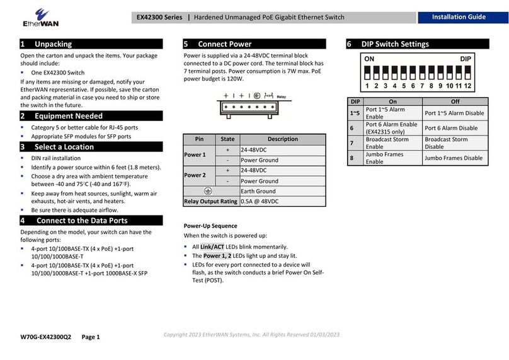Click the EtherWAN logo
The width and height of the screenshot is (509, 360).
point(25,17)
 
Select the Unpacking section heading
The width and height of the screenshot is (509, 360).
point(47,44)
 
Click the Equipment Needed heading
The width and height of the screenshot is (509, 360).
point(60,116)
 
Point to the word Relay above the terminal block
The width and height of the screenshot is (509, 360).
point(281,98)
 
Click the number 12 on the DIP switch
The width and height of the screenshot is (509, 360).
point(468,85)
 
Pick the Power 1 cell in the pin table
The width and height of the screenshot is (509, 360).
point(195,154)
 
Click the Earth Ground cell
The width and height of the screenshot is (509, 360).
point(258,191)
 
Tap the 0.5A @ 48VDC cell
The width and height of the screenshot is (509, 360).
point(260,201)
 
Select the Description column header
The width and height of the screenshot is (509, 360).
point(283,139)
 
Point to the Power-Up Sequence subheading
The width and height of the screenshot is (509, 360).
point(210,225)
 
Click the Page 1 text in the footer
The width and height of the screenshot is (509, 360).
point(91,337)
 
